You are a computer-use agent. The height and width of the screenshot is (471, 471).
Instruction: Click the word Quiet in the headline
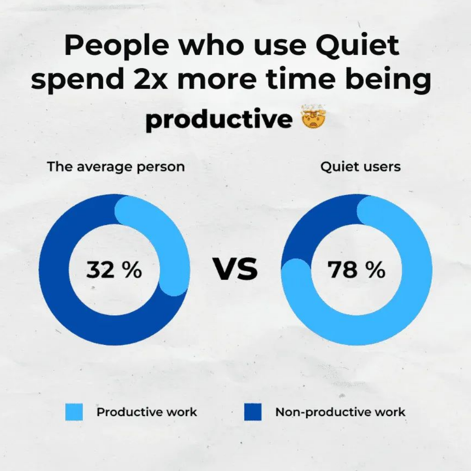tap(358, 46)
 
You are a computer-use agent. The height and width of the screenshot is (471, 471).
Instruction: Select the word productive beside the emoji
tap(219, 119)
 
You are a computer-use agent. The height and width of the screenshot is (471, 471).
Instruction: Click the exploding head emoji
tap(314, 116)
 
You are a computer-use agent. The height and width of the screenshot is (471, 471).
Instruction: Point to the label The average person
tap(116, 167)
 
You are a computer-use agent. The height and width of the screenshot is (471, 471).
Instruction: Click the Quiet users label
tap(361, 167)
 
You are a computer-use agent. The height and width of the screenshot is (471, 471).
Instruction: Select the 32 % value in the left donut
tap(114, 270)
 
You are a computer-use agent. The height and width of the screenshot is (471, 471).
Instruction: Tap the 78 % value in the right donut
tap(356, 270)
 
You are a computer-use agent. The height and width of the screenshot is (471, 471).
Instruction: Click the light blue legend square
tap(74, 412)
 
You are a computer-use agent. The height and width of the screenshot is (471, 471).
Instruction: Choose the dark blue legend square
tap(253, 412)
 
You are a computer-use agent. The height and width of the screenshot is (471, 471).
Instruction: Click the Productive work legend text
tap(147, 412)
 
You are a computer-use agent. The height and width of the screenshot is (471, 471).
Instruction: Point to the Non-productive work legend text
tap(340, 412)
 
